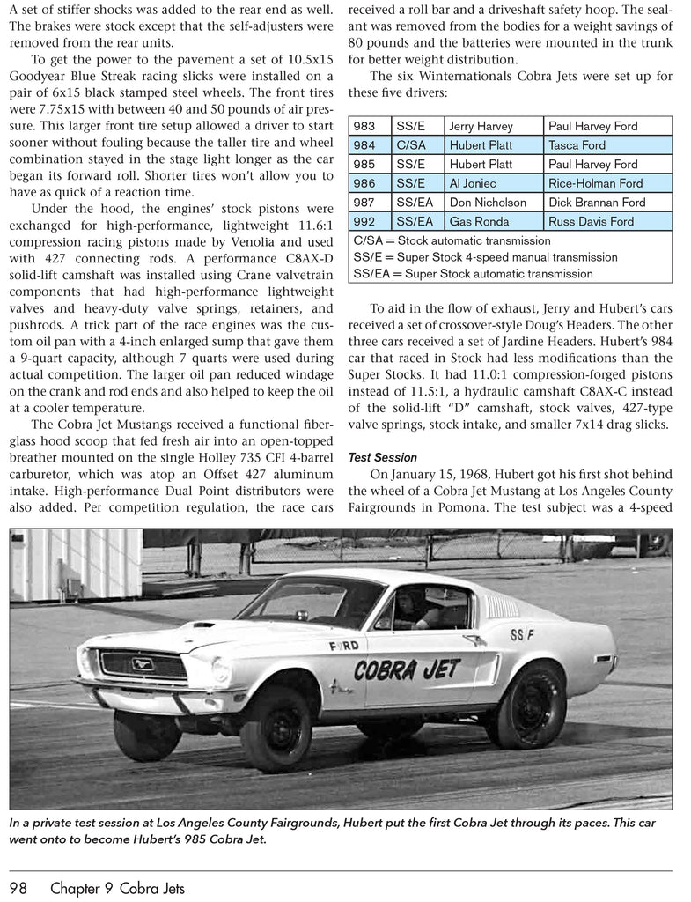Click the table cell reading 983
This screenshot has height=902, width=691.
click(x=364, y=127)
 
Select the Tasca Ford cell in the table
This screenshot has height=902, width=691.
click(x=577, y=145)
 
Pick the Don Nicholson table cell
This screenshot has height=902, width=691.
click(x=487, y=203)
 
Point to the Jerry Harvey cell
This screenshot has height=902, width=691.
click(x=481, y=127)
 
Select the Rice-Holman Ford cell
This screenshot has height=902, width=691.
click(x=595, y=183)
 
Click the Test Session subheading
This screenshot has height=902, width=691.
click(x=382, y=457)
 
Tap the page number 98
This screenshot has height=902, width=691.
click(x=23, y=887)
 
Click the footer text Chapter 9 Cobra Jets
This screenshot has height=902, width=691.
click(x=118, y=887)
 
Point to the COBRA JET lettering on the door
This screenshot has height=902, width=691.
click(x=407, y=670)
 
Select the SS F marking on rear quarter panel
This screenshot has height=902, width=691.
click(x=524, y=635)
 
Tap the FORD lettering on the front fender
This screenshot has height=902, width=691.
click(x=343, y=646)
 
